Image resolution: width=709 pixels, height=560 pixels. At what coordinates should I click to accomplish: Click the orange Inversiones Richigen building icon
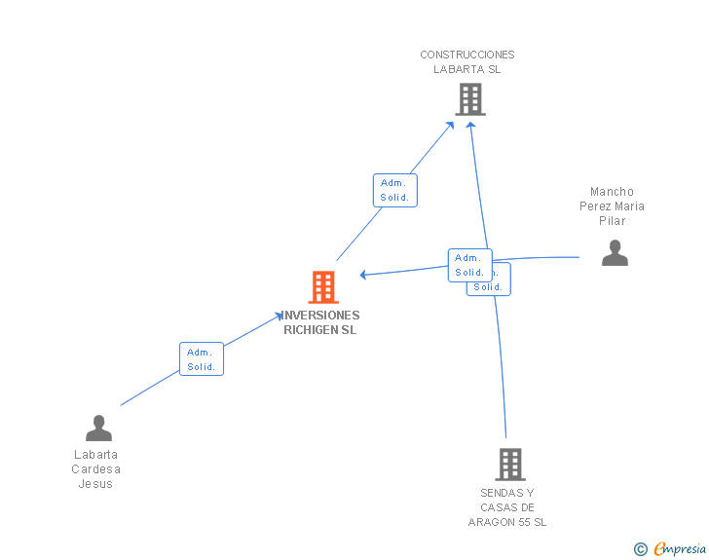click(x=323, y=287)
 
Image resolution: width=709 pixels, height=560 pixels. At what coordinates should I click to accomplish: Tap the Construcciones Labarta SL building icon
click(x=470, y=99)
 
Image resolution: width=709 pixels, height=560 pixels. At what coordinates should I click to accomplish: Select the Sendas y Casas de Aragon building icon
click(x=509, y=464)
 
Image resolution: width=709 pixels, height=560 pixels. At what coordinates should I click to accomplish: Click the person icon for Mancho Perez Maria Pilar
click(x=615, y=252)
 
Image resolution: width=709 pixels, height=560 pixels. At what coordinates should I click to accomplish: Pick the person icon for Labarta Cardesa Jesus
click(x=98, y=428)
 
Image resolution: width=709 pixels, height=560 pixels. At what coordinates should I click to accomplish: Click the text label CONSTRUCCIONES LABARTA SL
click(x=467, y=62)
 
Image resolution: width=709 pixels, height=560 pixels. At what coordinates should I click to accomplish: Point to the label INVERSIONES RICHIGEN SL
click(x=321, y=322)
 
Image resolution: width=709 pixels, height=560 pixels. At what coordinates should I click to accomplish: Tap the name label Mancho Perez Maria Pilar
click(x=612, y=206)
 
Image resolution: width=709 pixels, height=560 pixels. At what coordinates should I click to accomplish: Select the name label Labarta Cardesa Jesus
click(x=95, y=468)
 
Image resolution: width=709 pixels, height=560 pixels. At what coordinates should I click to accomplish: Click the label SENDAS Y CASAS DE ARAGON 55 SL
click(x=507, y=507)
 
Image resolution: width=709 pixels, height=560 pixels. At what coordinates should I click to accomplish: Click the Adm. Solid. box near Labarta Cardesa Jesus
click(x=202, y=358)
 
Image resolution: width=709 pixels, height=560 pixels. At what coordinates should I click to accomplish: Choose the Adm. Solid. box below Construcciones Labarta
click(x=394, y=190)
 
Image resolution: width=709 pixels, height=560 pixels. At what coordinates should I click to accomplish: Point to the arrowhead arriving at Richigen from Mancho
click(x=363, y=275)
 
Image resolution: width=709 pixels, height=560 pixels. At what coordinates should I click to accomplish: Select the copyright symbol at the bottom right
click(x=640, y=550)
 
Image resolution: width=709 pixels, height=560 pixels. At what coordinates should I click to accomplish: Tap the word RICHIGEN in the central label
click(x=307, y=330)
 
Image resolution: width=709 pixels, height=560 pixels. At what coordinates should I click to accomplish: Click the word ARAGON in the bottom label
click(x=490, y=522)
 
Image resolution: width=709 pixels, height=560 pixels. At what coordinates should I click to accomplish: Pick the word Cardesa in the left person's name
click(x=95, y=469)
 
